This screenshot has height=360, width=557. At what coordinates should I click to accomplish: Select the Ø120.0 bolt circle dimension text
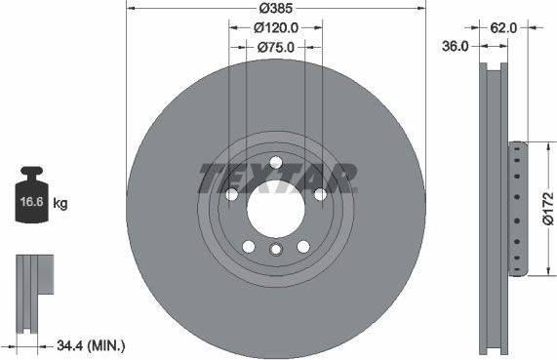[276, 28]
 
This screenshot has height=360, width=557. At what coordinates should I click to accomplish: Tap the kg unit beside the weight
[60, 204]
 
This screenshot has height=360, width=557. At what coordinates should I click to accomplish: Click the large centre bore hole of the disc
[275, 207]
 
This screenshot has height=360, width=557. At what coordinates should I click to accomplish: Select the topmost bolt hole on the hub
[275, 162]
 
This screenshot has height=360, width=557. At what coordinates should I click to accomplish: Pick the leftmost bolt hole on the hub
[232, 194]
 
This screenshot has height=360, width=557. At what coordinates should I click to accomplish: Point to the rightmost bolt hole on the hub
[319, 194]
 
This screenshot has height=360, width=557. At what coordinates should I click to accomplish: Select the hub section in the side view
[517, 209]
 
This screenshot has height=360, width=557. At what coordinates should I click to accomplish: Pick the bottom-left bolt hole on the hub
[249, 245]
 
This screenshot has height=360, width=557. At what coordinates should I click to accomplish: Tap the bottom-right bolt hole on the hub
[302, 245]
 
